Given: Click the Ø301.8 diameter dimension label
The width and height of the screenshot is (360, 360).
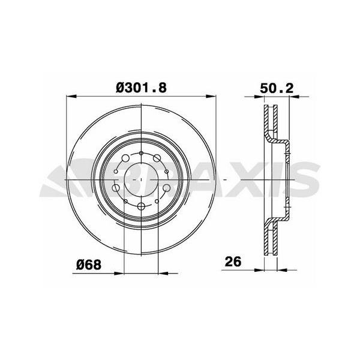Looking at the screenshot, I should point(140,88).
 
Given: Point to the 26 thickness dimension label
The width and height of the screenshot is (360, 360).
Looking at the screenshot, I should point(233,262).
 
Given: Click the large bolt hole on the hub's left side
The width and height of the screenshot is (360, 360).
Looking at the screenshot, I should point(116,188).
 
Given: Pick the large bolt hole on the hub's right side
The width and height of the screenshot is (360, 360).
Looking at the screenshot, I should point(165,188).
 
